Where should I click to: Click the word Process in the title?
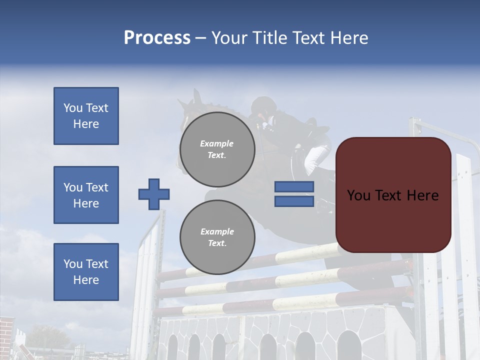coord(157,38)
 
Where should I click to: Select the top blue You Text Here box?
coord(86,116)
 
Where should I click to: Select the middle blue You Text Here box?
coord(86,195)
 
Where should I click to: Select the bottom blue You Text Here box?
coord(86,272)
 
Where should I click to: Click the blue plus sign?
coord(154,194)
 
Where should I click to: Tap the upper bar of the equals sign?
coord(294,186)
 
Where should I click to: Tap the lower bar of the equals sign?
coord(294,201)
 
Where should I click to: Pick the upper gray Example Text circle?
coord(217,149)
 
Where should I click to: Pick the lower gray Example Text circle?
coord(217,237)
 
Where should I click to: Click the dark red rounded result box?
coord(393,195)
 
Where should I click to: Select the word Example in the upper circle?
coord(217,144)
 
